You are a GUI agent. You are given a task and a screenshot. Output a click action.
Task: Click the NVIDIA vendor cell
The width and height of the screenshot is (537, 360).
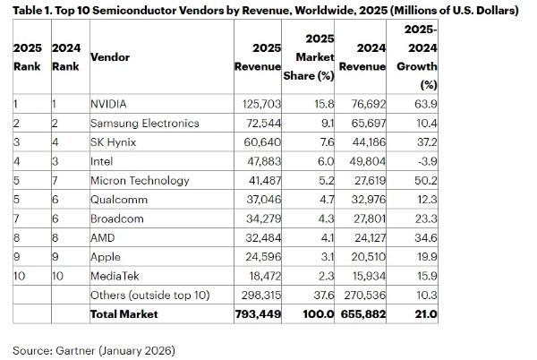(109, 104)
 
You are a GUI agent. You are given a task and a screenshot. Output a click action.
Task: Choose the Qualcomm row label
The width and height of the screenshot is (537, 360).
(120, 200)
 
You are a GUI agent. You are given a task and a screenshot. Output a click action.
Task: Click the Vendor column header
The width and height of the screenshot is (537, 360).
(110, 56)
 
